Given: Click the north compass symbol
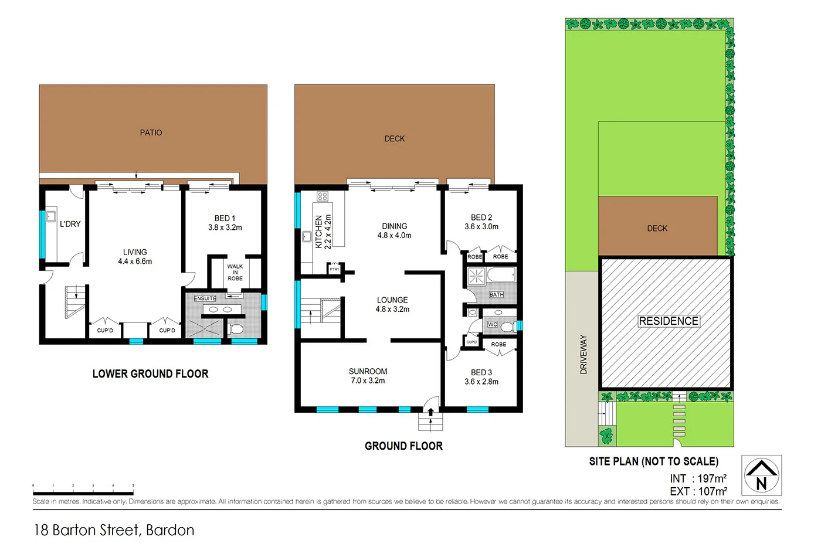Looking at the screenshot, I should pos(761,475).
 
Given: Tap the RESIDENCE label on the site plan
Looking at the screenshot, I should pos(669,321).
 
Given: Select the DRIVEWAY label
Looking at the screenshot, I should pos(583,354).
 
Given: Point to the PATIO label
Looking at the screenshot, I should pos(151,132).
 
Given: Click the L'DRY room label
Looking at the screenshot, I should pos(70,224).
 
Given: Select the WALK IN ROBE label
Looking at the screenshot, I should pos(235,273).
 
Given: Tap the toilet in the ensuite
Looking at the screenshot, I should pos(236,328).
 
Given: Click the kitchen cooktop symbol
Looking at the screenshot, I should pos(323,196).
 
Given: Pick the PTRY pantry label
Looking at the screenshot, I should pos(334,269).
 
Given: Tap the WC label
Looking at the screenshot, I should pos(492,324).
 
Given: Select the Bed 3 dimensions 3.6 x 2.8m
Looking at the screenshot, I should pos(481,382).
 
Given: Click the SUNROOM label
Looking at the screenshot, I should pos(368,371).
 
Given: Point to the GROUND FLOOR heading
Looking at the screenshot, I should pos(403,446).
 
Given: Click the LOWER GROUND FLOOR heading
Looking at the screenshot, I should pos(150,374).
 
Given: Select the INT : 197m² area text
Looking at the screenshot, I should pos(698,478).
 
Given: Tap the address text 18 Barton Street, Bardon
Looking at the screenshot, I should pos(114,530).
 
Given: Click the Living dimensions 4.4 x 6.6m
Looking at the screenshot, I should pos(135,261).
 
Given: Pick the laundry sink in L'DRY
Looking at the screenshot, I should pos(51,215).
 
